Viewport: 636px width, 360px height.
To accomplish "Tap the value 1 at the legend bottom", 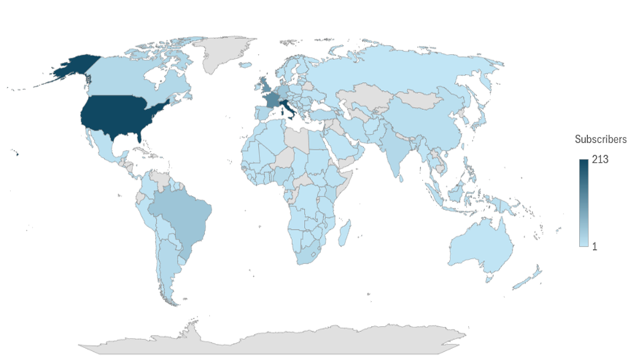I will point(594,245).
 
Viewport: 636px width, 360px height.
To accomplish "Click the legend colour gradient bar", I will point(583,204).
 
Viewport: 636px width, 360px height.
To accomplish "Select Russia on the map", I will point(414,67).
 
